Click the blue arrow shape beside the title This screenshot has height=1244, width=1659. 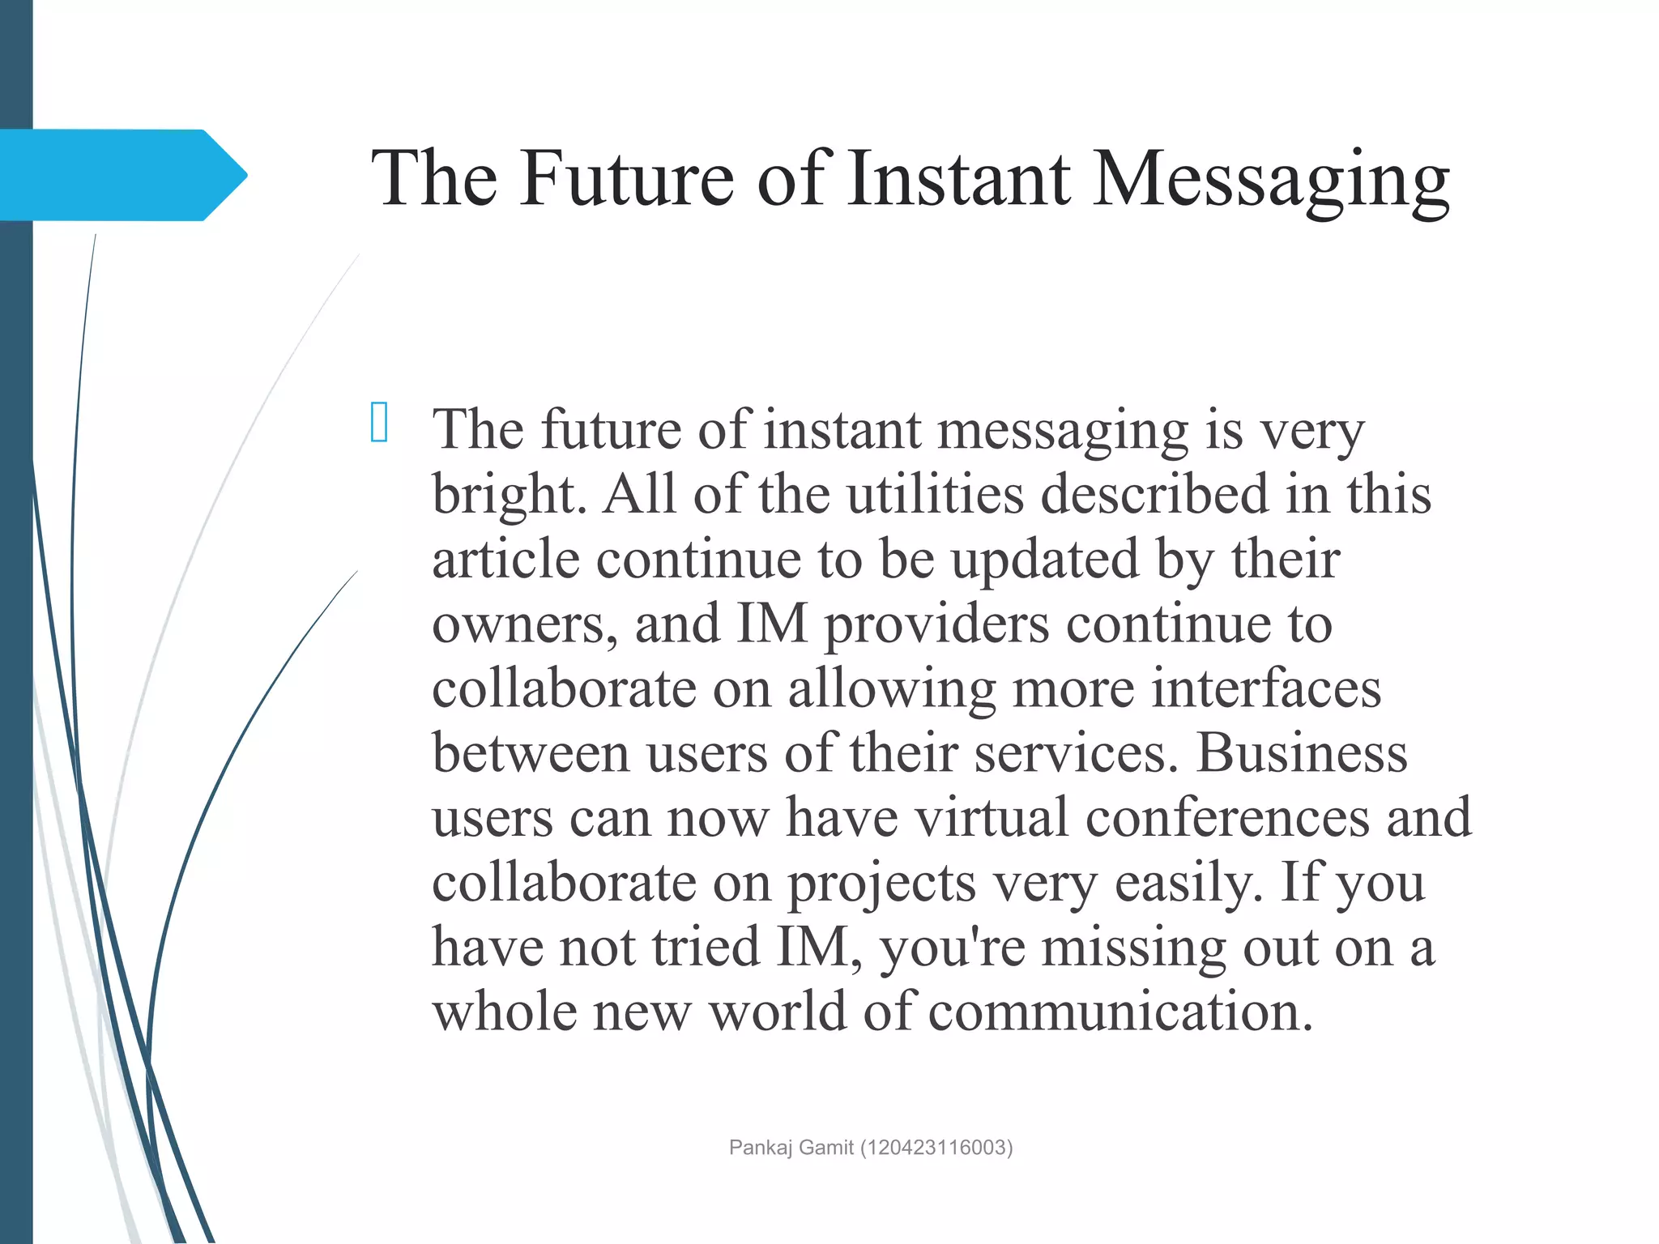(x=122, y=175)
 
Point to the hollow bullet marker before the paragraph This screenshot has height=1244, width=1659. (x=378, y=422)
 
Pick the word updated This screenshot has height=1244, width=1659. (x=1044, y=560)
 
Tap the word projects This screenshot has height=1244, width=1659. (x=882, y=883)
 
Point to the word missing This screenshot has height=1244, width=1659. (x=1133, y=948)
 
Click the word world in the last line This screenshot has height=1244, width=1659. (x=777, y=1012)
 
